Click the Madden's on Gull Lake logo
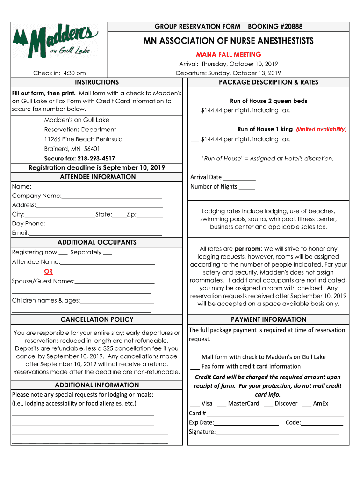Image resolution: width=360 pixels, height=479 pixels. click(56, 42)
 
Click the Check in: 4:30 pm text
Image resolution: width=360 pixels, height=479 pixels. click(59, 73)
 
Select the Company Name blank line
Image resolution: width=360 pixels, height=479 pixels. click(112, 196)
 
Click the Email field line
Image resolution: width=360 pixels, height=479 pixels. click(95, 233)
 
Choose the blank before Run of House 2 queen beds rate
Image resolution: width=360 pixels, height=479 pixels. click(194, 111)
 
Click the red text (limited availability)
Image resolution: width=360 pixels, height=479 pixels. click(321, 129)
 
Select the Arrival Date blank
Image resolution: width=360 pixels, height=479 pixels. click(239, 178)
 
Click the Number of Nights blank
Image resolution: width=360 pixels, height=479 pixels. click(246, 187)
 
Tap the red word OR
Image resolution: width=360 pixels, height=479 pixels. click(48, 272)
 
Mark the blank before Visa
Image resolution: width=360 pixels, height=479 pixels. click(194, 404)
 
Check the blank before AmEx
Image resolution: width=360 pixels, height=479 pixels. click(306, 404)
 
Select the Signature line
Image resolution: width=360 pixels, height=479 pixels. click(277, 432)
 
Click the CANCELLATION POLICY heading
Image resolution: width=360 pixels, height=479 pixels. click(97, 319)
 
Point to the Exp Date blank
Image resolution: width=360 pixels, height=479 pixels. click(246, 423)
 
